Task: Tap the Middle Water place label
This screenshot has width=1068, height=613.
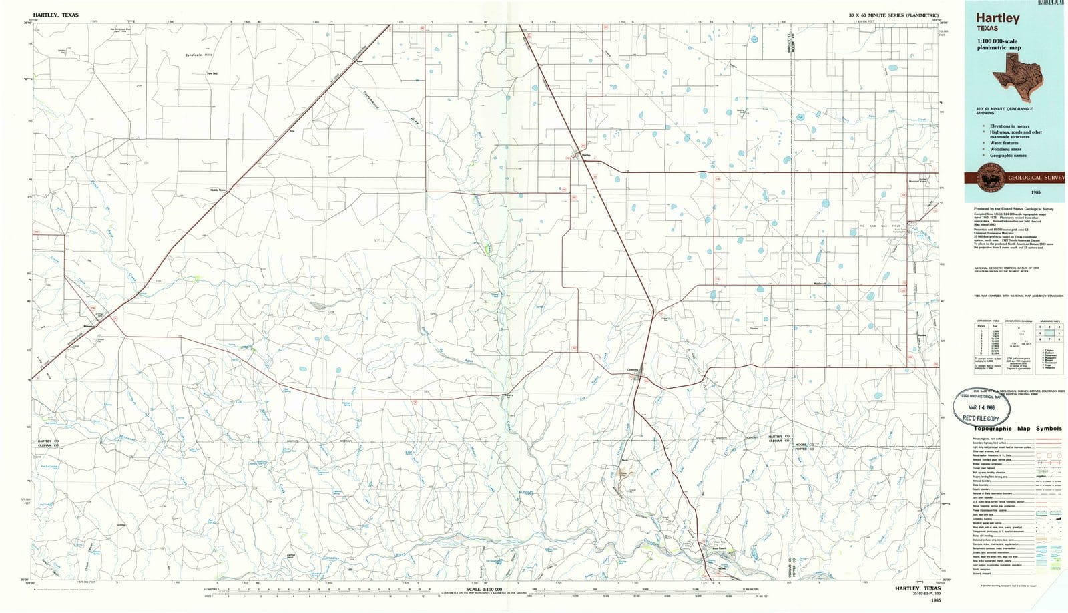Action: tap(219, 190)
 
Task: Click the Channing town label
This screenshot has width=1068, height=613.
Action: tap(633, 369)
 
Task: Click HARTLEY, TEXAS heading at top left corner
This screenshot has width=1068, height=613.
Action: tap(55, 15)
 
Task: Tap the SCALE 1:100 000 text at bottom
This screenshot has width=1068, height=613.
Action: tap(485, 589)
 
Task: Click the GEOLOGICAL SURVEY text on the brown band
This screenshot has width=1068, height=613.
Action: tap(1036, 178)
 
